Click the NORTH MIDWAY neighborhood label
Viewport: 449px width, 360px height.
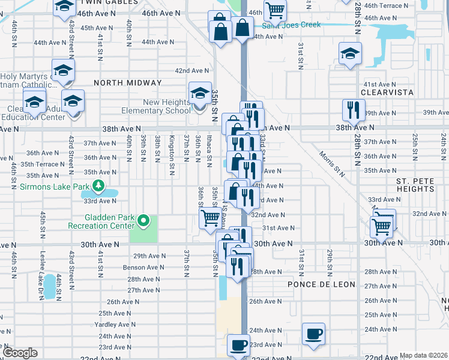tap(127, 83)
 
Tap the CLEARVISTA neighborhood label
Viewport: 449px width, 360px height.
tap(388, 92)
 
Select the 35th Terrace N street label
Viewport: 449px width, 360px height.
tap(42, 164)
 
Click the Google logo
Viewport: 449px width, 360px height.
tap(19, 353)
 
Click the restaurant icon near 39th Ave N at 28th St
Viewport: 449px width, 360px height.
tap(353, 110)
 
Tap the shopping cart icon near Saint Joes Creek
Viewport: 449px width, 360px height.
tap(275, 10)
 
